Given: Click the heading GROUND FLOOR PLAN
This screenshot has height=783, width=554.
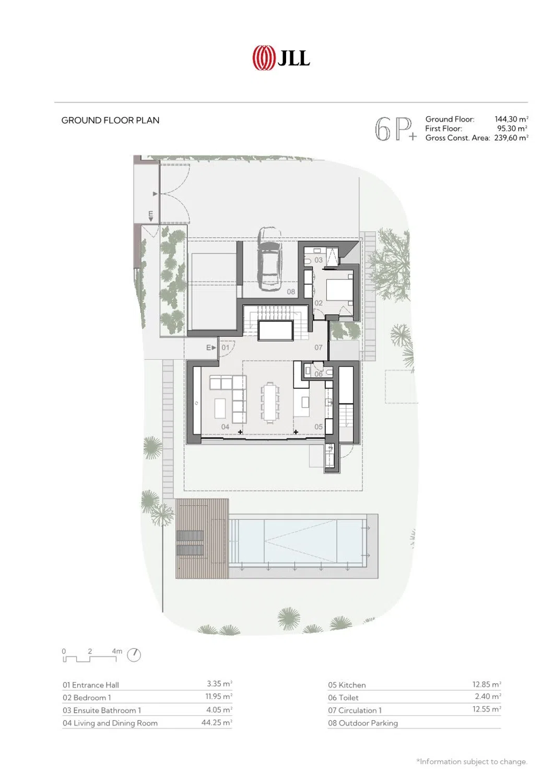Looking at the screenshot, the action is [110, 120].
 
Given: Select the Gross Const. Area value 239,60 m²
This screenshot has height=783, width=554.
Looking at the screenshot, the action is [511, 138].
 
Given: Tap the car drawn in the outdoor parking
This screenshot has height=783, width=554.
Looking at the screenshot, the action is [269, 259].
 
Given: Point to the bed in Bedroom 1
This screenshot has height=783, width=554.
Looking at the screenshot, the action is [339, 288].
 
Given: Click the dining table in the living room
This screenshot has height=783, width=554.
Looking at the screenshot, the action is [269, 402].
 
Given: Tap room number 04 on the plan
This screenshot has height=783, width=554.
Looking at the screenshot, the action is [225, 427].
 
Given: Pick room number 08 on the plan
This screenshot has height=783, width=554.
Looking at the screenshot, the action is [291, 291].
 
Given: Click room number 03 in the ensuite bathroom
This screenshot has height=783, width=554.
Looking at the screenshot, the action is [319, 260].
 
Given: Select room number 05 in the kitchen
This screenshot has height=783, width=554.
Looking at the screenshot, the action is [319, 426].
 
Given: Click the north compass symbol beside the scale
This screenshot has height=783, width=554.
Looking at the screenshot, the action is [134, 655].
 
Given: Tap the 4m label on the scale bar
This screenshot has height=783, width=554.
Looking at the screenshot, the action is [117, 651].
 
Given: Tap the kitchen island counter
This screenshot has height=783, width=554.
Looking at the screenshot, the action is [301, 402].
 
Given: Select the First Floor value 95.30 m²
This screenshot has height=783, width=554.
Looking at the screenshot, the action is [512, 128].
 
